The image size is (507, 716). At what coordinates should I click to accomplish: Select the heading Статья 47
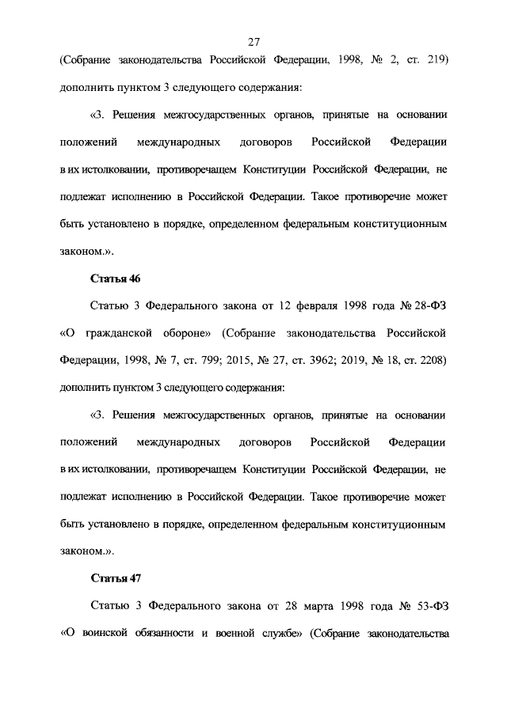pos(116,578)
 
